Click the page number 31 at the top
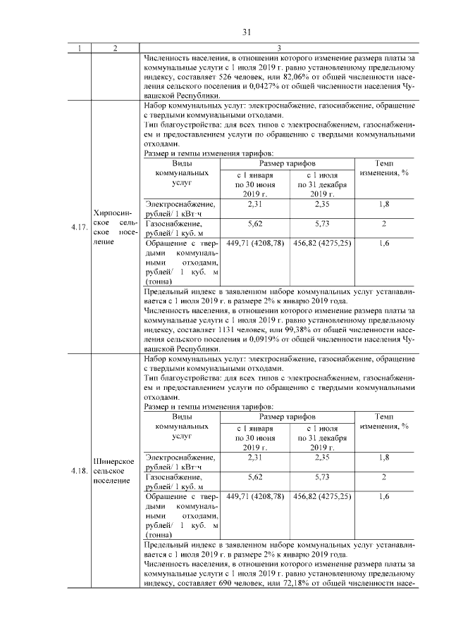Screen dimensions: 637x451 point(247,32)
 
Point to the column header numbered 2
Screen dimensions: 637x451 point(114,48)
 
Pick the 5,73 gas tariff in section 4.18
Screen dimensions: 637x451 point(322,476)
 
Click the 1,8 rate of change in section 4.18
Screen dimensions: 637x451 point(384,458)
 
